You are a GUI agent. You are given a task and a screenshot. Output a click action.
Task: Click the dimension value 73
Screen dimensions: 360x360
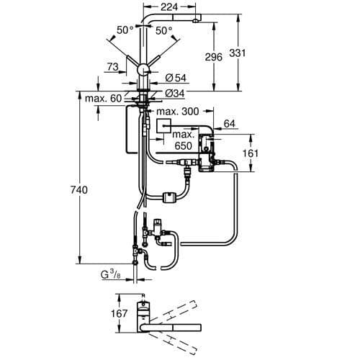[x=112, y=67]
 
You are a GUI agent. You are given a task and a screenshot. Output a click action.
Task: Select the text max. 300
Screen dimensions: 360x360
[x=177, y=112]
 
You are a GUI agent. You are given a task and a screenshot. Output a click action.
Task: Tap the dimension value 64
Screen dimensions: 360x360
[x=230, y=125]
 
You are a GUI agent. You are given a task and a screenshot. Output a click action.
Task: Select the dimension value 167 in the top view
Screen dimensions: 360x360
[x=119, y=313]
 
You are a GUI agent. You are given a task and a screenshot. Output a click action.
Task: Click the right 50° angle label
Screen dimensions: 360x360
[x=165, y=30]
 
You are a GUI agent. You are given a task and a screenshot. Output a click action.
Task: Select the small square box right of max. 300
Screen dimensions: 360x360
[x=163, y=125]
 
